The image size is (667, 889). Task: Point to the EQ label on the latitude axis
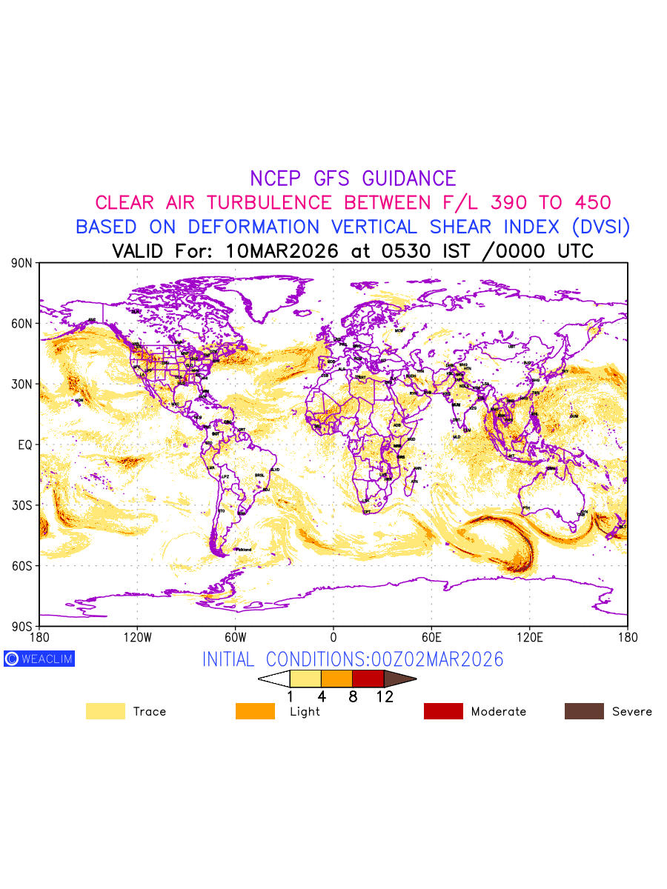pos(24,445)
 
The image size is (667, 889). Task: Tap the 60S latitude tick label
pos(21,566)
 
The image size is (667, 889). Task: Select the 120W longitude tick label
pos(137,637)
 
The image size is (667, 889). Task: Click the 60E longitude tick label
pos(431,637)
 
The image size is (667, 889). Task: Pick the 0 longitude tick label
pos(333,637)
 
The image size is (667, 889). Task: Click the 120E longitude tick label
pos(529,637)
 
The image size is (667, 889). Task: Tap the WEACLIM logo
pos(39,659)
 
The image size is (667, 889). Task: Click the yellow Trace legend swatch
pos(105,711)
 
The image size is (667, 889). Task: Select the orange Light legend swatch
pos(255,711)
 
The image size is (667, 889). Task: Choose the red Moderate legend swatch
pos(443,711)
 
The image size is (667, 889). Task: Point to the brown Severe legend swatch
pos(584,711)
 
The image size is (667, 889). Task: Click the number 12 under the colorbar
pos(384,696)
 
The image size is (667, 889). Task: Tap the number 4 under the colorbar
pos(322,696)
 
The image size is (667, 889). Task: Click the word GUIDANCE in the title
pos(409,179)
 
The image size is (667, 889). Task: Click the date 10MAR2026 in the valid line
pos(282,251)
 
